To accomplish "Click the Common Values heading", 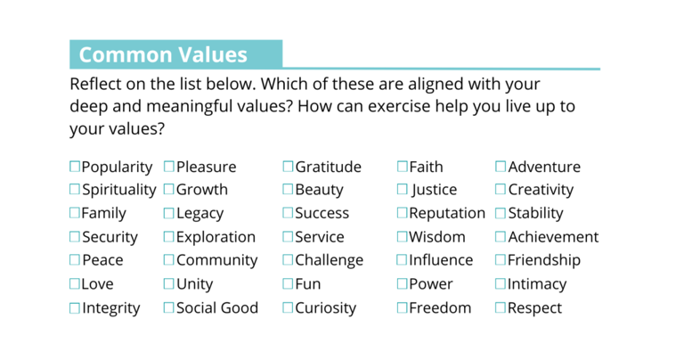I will click(163, 54).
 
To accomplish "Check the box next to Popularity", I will click(75, 167).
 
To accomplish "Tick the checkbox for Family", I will click(75, 213).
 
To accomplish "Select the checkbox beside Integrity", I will click(75, 307).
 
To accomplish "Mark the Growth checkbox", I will click(169, 190).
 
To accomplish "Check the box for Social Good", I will click(169, 307).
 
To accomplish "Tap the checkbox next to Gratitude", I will click(289, 167).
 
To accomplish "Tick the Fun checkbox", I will click(289, 284).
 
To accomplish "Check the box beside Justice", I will click(403, 190).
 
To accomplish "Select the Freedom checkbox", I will click(403, 307).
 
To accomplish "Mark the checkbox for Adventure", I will click(501, 167).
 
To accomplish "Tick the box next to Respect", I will click(501, 307).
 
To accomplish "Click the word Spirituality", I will click(118, 190).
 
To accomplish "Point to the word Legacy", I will click(199, 214).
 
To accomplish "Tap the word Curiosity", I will click(325, 308).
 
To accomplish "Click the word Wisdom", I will click(437, 237).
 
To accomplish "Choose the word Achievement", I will click(553, 237).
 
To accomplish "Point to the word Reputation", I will click(447, 214).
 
